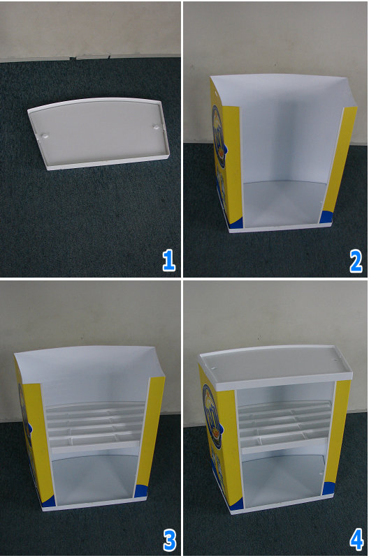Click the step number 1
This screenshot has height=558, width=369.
pyautogui.click(x=168, y=260)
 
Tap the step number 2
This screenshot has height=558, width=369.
pyautogui.click(x=356, y=260)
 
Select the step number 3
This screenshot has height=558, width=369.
pyautogui.click(x=168, y=539)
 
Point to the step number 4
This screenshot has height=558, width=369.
pyautogui.click(x=356, y=539)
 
